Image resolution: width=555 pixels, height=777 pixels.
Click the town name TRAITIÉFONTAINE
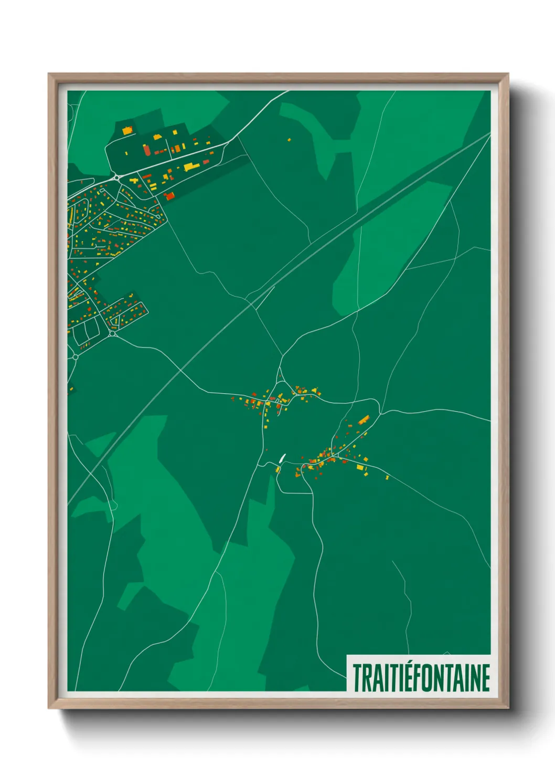(421, 678)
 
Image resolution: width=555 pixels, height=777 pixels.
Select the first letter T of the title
(358, 678)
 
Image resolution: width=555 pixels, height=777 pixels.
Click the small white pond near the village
(282, 458)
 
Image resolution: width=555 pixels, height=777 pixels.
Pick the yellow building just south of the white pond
(279, 469)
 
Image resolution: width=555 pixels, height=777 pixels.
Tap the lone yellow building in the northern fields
(289, 140)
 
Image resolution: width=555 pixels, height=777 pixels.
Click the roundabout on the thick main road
(115, 177)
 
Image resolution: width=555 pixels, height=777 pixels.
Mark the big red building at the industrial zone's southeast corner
(169, 196)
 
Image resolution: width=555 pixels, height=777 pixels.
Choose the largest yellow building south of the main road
(188, 167)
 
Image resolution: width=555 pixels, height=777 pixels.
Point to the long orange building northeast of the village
(364, 419)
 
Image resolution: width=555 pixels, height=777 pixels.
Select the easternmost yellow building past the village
(387, 477)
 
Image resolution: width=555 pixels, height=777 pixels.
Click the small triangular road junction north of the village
(281, 375)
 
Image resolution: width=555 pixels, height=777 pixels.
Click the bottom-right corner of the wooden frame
(508, 708)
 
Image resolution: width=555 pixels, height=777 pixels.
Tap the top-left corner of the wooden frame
(49, 74)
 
